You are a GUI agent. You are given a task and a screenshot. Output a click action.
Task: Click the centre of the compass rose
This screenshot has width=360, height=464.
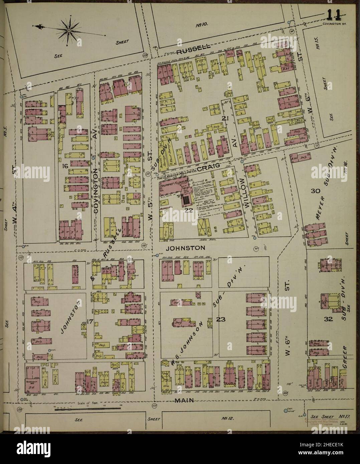tap(68, 30)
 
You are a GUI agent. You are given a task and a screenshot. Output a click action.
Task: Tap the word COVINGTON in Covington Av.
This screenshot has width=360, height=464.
tap(96, 187)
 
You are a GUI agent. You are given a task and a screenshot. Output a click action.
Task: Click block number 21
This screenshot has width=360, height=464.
tap(224, 118)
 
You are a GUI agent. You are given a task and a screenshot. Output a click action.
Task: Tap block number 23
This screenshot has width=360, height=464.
tap(221, 319)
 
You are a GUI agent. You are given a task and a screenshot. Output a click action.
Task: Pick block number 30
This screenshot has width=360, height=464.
tap(315, 191)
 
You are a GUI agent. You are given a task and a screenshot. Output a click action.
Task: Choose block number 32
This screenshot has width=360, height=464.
tap(328, 319)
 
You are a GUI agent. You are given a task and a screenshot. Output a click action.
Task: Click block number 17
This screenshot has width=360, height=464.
tap(89, 322)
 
